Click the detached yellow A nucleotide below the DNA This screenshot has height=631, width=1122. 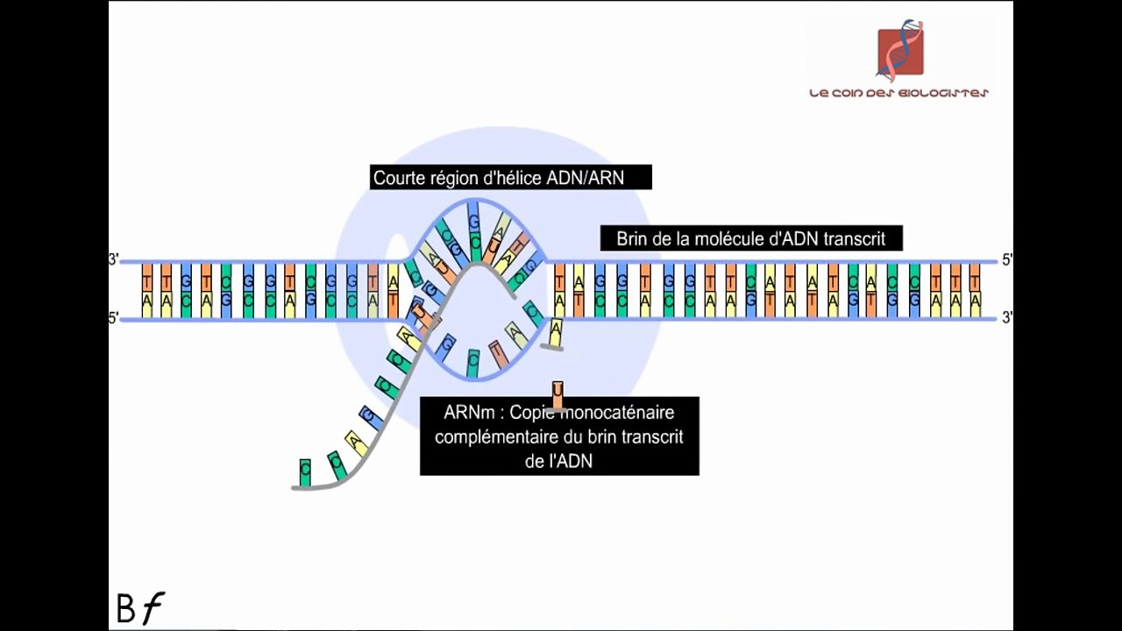tap(555, 331)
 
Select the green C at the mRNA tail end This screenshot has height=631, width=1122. tap(305, 471)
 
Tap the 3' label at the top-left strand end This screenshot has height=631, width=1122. tap(113, 259)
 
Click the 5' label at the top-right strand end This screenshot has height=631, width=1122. tap(1007, 259)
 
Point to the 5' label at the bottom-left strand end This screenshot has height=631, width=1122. tap(113, 319)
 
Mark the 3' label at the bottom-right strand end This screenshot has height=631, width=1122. tap(1007, 318)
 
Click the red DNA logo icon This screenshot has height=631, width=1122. tap(900, 50)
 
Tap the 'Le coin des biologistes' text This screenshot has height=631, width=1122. tap(898, 93)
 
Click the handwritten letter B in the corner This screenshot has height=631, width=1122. tap(126, 609)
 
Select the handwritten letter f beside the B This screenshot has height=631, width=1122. tap(153, 607)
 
